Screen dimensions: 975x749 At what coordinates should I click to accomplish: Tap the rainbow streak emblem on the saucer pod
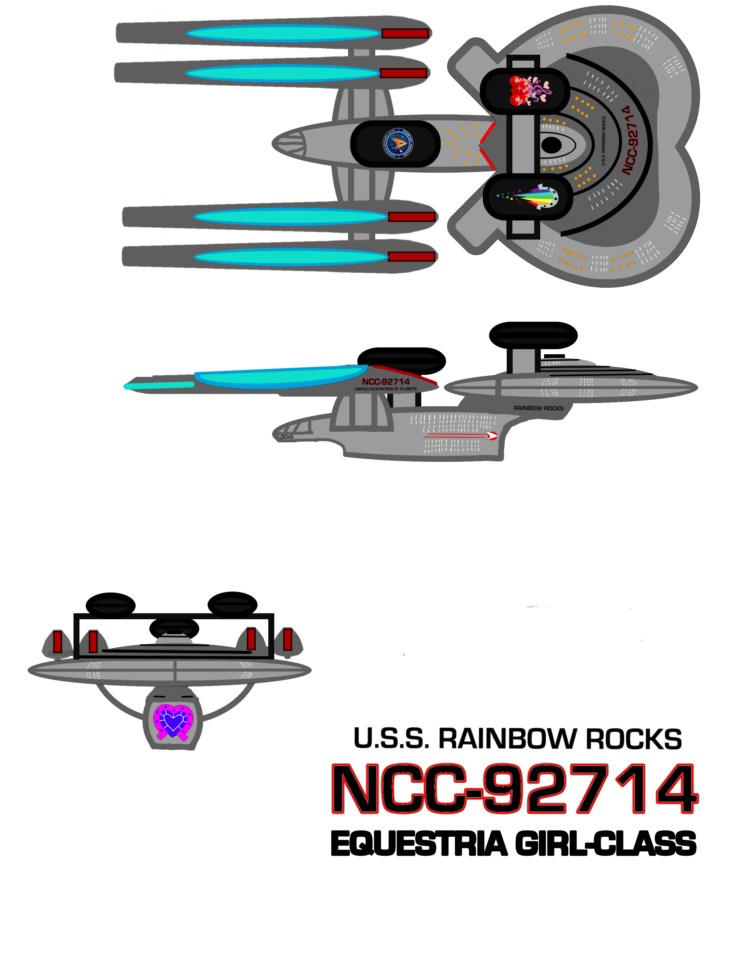[x=531, y=197]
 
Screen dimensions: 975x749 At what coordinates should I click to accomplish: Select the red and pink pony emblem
[x=531, y=91]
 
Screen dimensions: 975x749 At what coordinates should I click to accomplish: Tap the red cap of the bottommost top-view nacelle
[x=411, y=256]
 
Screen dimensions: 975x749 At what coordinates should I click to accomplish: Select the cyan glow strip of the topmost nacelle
[x=283, y=34]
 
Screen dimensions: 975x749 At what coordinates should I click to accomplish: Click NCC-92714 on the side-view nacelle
[x=386, y=382]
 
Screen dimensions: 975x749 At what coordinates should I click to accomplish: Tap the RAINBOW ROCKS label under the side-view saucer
[x=538, y=408]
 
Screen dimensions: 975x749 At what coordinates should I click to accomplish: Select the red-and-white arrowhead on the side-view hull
[x=492, y=436]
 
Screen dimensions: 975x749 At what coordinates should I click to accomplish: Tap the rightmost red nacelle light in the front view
[x=288, y=639]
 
